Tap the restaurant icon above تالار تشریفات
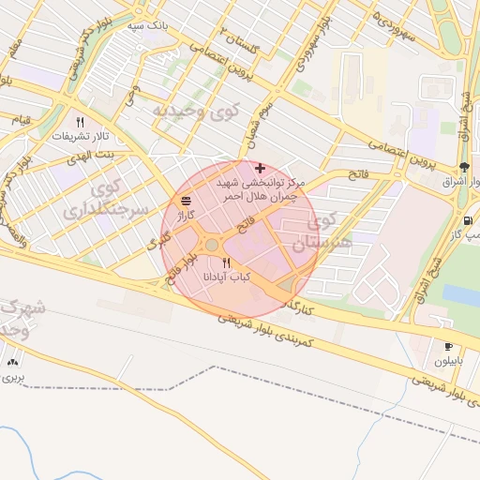pos(80,122)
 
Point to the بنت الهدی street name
pos(95,153)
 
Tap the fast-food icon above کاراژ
pos(186,201)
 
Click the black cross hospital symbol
pos(260,168)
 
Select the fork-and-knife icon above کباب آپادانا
pos(226,262)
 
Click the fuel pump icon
pos(466,220)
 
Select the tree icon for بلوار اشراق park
pos(466,167)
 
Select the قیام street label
pos(21,121)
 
